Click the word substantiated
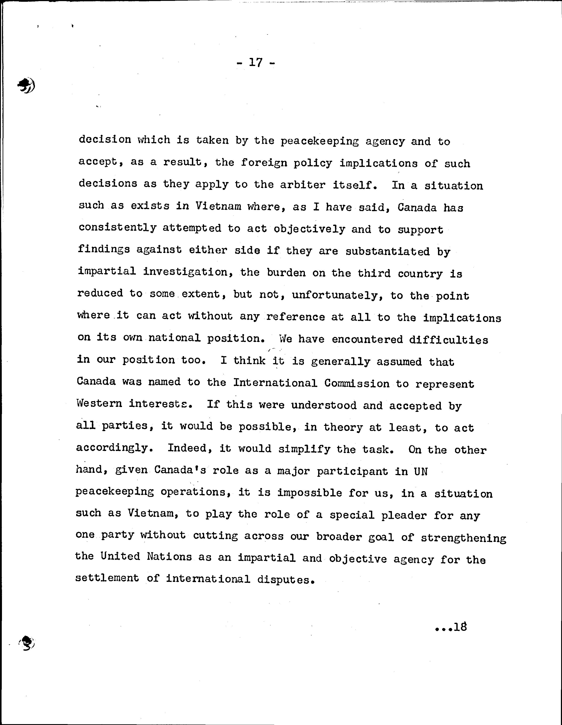(x=388, y=251)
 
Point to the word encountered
(x=367, y=339)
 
